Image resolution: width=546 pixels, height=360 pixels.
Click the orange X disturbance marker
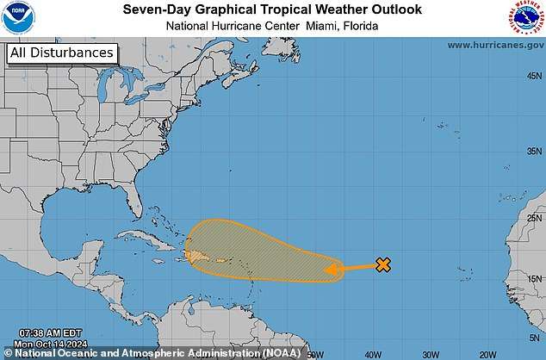(383, 265)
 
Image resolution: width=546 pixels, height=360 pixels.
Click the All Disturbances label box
(61, 53)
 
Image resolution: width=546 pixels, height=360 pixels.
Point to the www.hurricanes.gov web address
(493, 45)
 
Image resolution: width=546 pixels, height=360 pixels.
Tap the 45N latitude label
(534, 75)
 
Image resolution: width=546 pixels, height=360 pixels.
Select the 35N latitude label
(534, 151)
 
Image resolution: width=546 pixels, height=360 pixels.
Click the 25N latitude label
(534, 218)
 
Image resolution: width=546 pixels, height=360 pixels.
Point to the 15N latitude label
(534, 279)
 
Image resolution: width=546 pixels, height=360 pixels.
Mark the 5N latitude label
(536, 337)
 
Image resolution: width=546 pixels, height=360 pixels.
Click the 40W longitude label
(373, 354)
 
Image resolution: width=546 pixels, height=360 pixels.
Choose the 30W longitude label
(431, 354)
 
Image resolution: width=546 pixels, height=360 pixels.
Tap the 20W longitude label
(487, 354)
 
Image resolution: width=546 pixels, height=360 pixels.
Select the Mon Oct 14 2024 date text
(40, 343)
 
